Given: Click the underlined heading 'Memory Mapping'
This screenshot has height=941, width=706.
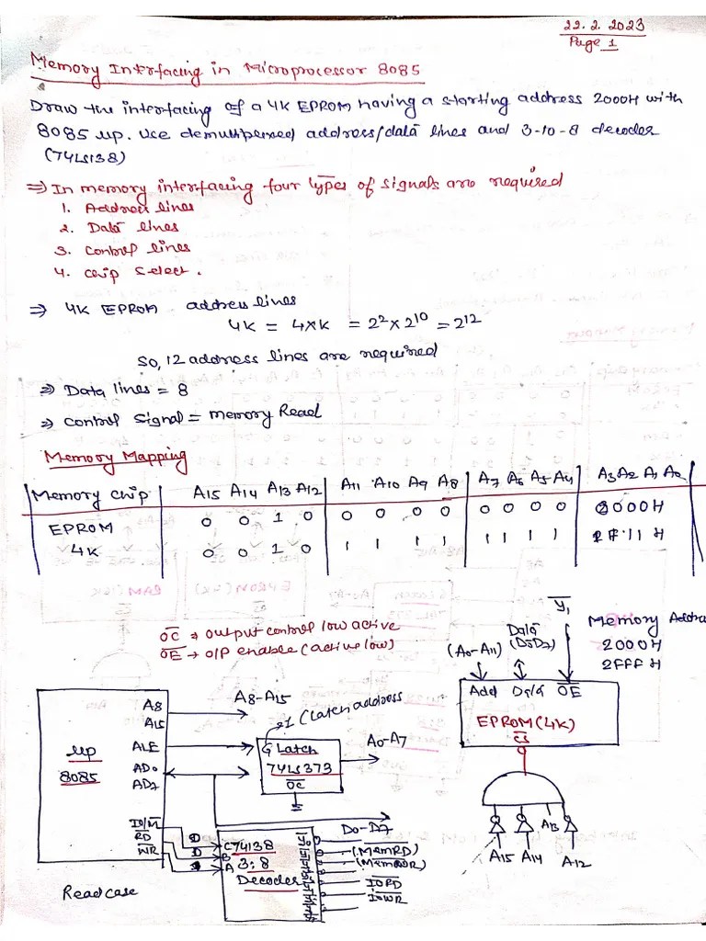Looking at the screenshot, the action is pyautogui.click(x=115, y=458).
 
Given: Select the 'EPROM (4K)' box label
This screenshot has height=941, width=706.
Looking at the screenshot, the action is pyautogui.click(x=526, y=723).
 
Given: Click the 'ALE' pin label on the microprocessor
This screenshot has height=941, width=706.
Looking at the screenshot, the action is pyautogui.click(x=146, y=746).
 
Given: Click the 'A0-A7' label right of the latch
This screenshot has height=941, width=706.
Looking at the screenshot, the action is pyautogui.click(x=386, y=741).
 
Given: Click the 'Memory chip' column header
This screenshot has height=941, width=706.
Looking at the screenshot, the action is pyautogui.click(x=90, y=497).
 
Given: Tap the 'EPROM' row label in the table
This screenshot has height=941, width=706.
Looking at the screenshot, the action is pyautogui.click(x=81, y=528).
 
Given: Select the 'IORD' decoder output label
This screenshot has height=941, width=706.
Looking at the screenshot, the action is pyautogui.click(x=383, y=884).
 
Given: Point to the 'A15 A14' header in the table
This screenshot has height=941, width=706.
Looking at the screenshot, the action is pyautogui.click(x=219, y=493).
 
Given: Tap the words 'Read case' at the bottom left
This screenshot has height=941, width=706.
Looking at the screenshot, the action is pyautogui.click(x=100, y=892).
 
